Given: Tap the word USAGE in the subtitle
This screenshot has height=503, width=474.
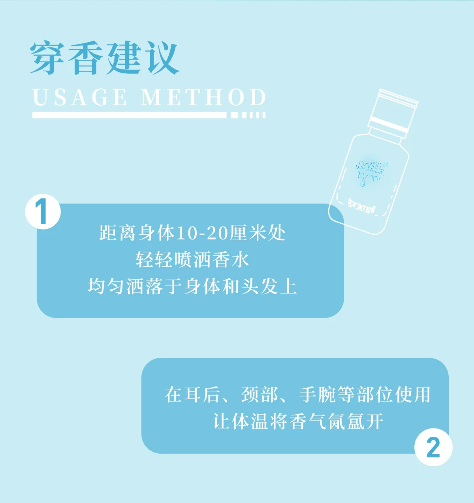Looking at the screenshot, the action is (x=80, y=97).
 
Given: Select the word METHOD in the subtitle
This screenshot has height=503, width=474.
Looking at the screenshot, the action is (x=203, y=97).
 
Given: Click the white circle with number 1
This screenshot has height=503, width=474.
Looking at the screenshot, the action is (x=43, y=211).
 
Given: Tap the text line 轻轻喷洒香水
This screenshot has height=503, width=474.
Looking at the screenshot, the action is (x=192, y=260).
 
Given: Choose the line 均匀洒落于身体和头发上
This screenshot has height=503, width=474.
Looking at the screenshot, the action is (x=192, y=287).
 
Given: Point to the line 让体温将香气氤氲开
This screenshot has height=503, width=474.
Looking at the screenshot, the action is (x=298, y=421).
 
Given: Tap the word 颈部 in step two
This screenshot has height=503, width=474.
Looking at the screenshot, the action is (x=260, y=395).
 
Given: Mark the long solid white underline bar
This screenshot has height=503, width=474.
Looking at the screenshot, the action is (x=129, y=115).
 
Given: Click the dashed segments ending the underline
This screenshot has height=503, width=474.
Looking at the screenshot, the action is (x=248, y=115).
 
